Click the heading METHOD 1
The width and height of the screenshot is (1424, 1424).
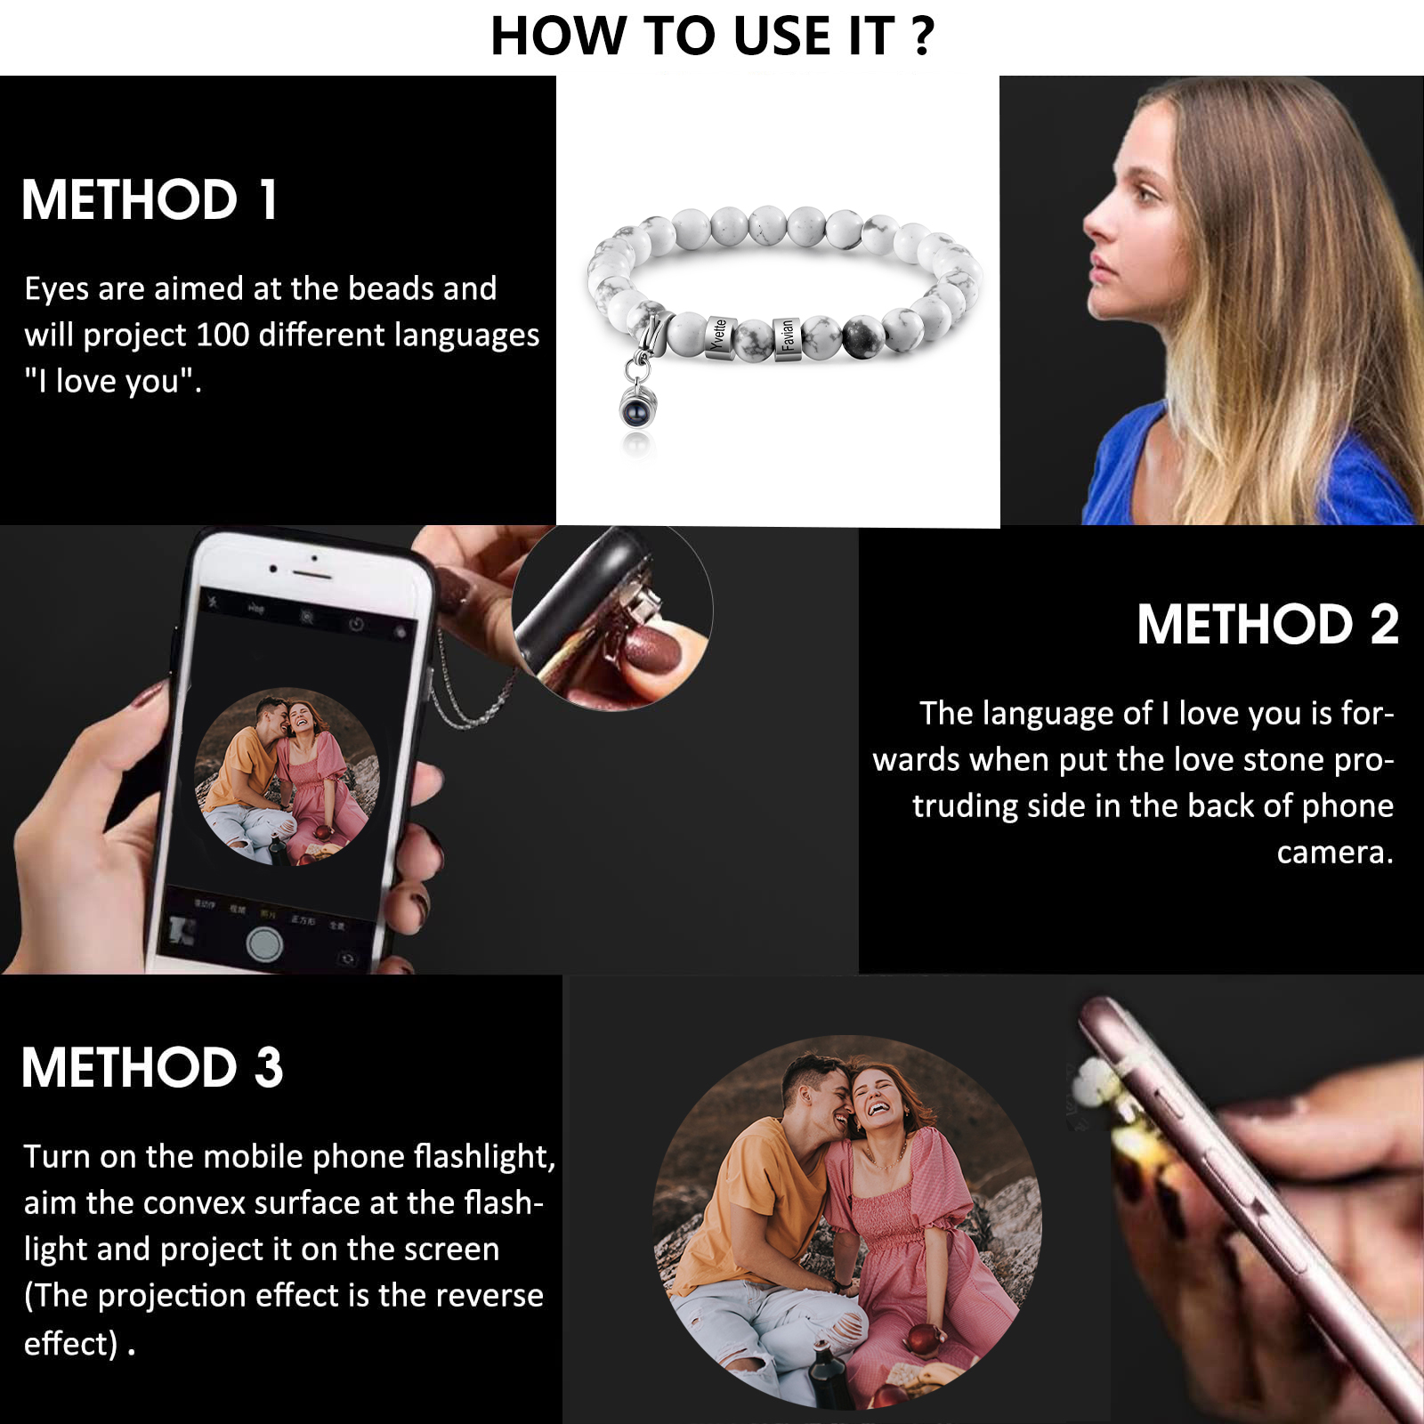(x=150, y=199)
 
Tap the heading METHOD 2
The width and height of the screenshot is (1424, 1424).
(x=1267, y=624)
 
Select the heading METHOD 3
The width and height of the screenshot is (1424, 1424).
(x=152, y=1067)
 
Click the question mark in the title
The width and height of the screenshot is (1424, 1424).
(x=923, y=36)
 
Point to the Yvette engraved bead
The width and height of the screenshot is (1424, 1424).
(x=720, y=337)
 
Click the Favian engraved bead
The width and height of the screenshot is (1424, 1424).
(x=787, y=337)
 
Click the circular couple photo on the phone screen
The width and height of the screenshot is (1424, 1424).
(x=287, y=776)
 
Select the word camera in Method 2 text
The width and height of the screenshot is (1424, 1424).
(x=1334, y=853)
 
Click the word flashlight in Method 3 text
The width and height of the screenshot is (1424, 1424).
(x=484, y=1156)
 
